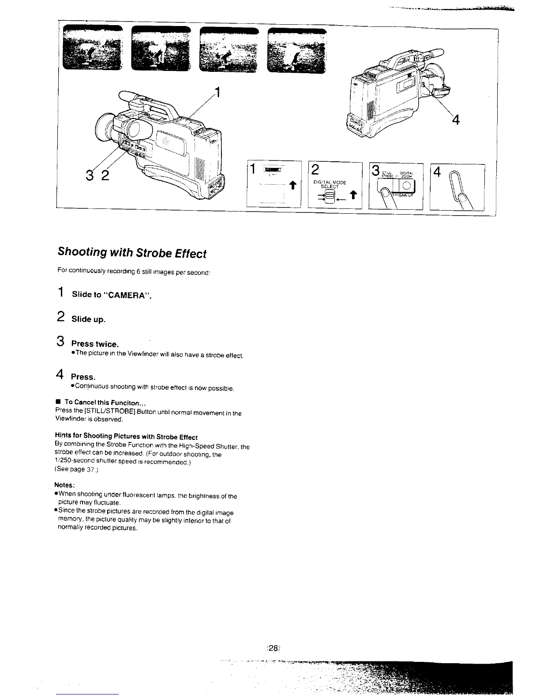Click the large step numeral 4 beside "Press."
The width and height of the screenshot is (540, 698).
pos(61,375)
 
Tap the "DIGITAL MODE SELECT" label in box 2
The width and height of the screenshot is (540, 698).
pos(330,184)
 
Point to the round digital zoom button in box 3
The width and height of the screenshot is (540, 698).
pos(406,186)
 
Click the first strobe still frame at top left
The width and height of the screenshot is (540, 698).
pos(92,49)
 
